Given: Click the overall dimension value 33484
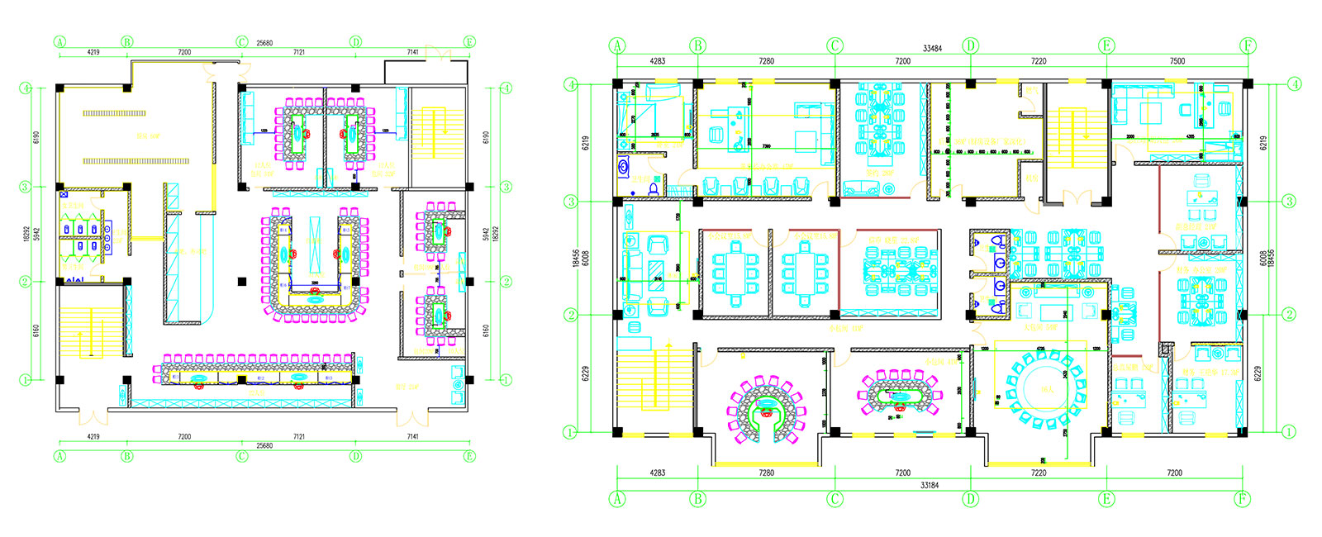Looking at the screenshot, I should click(931, 49).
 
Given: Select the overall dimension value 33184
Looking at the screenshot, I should click(930, 485).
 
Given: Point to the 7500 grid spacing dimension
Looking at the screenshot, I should click(1177, 61).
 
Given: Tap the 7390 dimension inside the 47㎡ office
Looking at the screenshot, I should click(767, 146).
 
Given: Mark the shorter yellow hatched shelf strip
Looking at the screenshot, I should click(114, 113).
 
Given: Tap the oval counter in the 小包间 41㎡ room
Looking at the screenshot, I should click(900, 396).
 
